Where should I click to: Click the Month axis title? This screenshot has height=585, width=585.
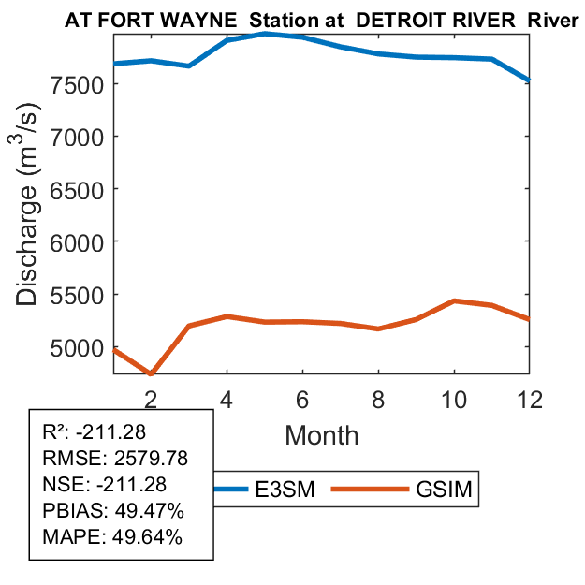point(321,434)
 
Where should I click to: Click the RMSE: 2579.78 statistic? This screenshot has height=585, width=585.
point(105,459)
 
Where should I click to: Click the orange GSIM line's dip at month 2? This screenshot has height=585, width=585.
point(151,373)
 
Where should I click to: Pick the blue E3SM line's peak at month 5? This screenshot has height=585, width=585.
point(266,34)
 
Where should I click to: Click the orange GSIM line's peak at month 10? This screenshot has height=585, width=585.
point(454,301)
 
